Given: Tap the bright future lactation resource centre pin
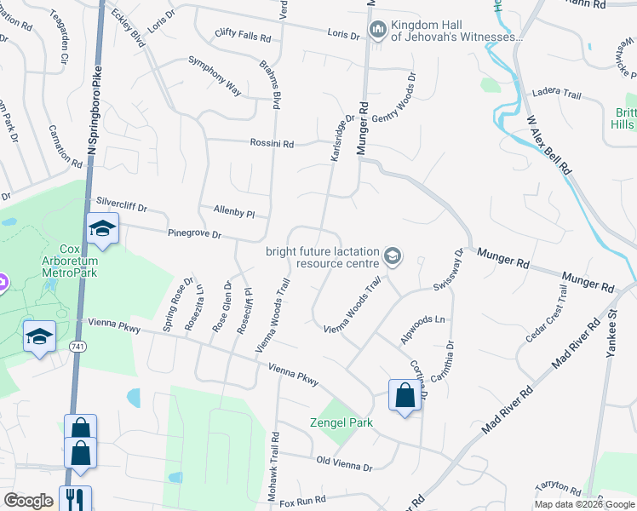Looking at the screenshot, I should tap(393, 255).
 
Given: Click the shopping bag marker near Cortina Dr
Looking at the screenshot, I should tap(405, 395).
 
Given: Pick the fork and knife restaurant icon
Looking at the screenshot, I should tap(74, 497).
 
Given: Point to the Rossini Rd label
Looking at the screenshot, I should tap(272, 144).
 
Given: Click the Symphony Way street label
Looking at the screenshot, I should tap(215, 77).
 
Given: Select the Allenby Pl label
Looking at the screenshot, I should tap(233, 210).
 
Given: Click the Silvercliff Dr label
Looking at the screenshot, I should tap(122, 205).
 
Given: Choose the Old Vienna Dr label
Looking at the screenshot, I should tap(344, 467).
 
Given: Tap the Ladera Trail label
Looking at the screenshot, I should tap(555, 91).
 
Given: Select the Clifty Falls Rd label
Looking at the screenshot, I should tap(243, 38).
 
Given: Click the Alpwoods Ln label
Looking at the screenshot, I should tap(423, 330).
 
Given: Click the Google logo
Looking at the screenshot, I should tap(28, 501).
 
